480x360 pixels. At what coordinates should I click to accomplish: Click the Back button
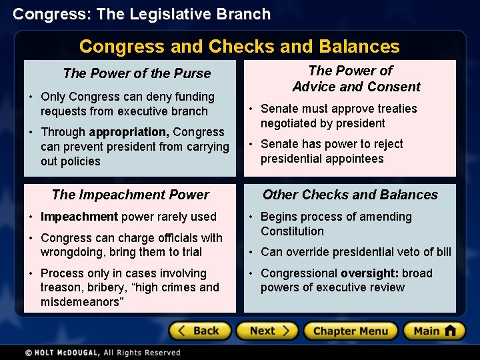point(200,331)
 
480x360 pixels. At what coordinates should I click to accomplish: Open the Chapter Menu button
point(350,331)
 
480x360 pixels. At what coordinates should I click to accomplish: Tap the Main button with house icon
point(433,331)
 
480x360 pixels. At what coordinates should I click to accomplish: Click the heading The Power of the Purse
point(137,73)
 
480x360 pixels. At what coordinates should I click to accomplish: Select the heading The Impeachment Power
point(130,195)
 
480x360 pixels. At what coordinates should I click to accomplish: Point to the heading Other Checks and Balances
point(350,195)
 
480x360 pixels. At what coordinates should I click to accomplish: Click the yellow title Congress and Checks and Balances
point(239,46)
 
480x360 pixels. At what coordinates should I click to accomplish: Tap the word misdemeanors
point(81,302)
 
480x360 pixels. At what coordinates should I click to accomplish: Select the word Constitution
point(292,231)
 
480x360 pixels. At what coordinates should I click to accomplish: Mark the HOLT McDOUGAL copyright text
point(103,352)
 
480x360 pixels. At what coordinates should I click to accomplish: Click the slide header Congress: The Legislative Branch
point(142,14)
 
